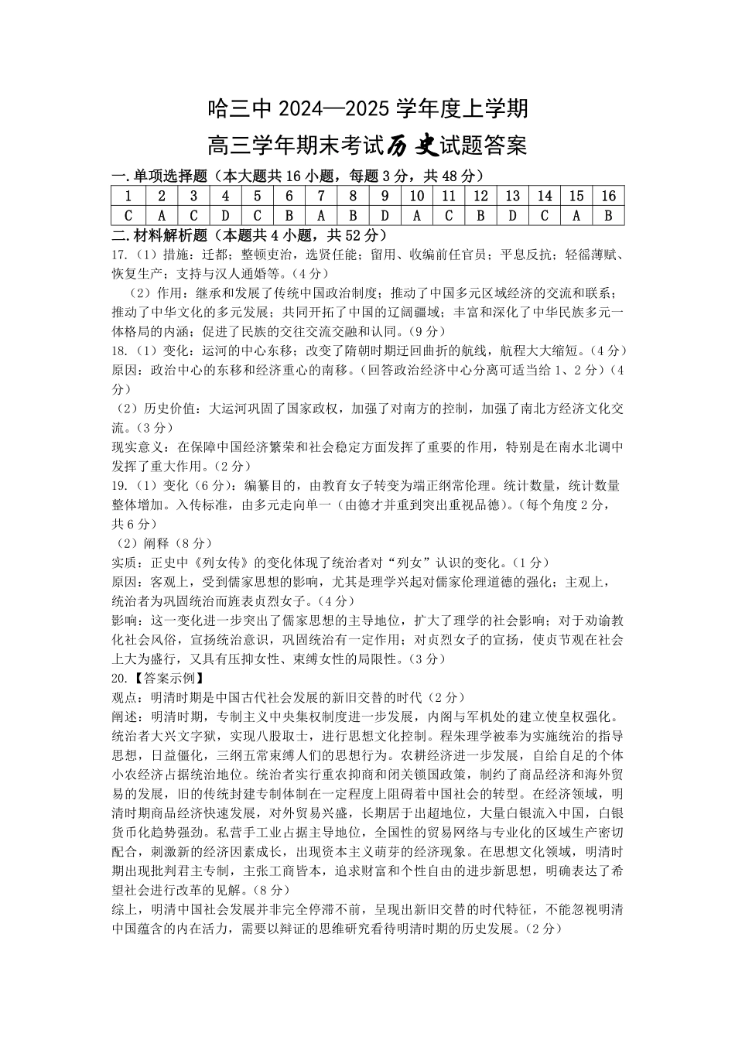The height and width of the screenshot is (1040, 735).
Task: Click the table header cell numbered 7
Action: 320,196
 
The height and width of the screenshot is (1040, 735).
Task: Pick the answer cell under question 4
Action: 224,215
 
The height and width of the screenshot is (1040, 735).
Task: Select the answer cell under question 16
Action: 608,215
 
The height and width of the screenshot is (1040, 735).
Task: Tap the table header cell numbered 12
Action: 480,196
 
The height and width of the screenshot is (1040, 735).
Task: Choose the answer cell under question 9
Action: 385,215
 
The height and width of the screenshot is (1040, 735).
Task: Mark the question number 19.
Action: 120,486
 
